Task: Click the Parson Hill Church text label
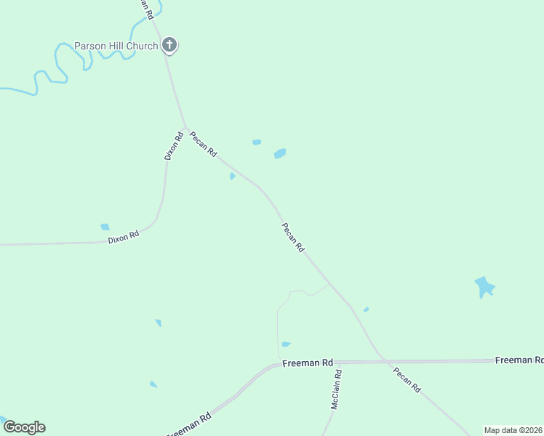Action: point(116,46)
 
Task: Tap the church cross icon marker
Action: point(169,46)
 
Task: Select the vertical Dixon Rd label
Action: point(173,145)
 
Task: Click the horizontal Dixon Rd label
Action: point(123,237)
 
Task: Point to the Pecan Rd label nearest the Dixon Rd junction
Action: point(204,143)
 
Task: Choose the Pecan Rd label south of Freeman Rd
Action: point(407,380)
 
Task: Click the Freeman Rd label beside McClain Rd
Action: point(307,362)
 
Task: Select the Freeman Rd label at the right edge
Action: point(519,360)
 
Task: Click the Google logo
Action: point(24,427)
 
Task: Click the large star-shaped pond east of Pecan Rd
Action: point(484,286)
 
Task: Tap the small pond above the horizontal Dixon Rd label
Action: point(105,227)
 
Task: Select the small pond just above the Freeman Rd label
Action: point(286,344)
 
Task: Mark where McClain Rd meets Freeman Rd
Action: point(335,362)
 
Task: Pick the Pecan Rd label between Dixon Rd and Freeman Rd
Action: point(293,237)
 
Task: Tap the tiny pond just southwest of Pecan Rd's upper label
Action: point(232,176)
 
